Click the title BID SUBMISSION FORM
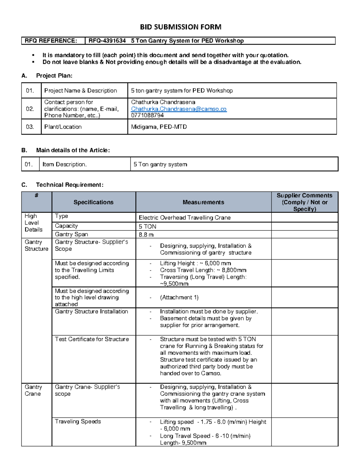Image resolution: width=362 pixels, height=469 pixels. coord(180,27)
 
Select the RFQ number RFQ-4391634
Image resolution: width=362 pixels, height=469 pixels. coord(107,41)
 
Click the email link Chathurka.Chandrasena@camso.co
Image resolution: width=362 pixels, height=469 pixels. coord(179,109)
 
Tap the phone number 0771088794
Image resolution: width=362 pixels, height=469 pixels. coord(147,115)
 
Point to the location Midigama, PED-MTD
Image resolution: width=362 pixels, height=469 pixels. coord(159,127)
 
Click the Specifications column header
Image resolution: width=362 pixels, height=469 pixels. coord(94,202)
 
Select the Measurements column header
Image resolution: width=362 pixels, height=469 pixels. coord(203,202)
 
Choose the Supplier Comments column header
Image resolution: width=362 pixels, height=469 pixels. coord(304,202)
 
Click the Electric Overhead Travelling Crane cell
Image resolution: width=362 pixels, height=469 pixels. coord(185,218)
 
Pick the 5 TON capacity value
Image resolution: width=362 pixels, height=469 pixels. coord(148,226)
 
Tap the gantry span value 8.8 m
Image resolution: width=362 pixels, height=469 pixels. coord(146,235)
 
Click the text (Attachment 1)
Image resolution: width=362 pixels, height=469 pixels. coord(179,297)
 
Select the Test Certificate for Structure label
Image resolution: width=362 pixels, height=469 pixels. coord(92,339)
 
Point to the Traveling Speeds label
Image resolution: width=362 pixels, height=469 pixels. coord(78,422)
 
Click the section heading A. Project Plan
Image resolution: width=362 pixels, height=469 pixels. coord(47,76)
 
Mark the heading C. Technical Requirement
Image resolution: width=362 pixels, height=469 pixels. coord(62,185)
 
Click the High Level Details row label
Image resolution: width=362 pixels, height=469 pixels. coord(33,223)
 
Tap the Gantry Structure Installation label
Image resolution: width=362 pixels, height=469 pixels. coord(91,312)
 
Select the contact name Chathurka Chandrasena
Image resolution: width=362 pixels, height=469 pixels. coord(163,102)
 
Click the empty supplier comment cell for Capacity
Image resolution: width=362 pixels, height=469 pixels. coord(304,226)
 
